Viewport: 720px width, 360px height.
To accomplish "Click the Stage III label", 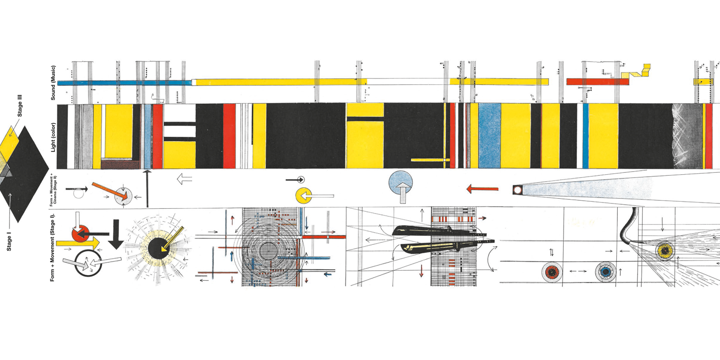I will [x=20, y=106].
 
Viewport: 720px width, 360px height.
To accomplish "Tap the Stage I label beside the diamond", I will [x=9, y=240].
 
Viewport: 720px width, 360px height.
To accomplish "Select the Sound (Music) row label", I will [x=54, y=83].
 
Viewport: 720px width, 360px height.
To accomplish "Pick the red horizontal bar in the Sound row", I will [x=597, y=82].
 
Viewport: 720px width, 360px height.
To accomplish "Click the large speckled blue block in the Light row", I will [x=489, y=136].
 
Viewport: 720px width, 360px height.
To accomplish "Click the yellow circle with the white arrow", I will [x=304, y=196].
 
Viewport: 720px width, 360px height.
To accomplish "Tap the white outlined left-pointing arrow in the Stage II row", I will [x=184, y=180].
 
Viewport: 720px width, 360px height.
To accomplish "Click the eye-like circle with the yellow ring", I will [x=665, y=250].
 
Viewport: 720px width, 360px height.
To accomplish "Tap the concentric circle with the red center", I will [x=552, y=272].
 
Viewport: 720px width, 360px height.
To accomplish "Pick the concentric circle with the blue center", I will [x=606, y=272].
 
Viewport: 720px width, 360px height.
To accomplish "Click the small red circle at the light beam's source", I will [x=517, y=191].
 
